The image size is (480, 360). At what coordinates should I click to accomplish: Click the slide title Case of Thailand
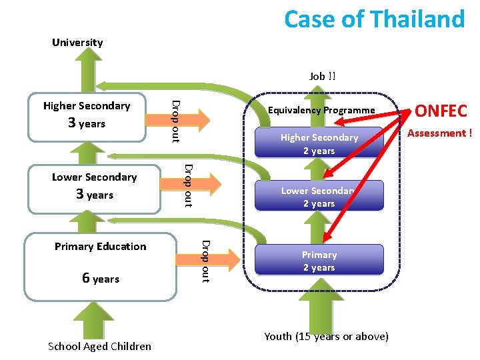[374, 19]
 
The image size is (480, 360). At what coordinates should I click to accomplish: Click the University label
[77, 43]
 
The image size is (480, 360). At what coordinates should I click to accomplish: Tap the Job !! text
[323, 77]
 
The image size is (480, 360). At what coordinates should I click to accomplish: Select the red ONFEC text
[441, 111]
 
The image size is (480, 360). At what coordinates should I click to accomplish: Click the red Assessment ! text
[439, 133]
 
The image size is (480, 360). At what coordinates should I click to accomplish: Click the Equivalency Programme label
[321, 110]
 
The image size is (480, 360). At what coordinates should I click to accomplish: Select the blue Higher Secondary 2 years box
[319, 143]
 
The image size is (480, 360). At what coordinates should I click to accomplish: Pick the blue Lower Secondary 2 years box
[319, 197]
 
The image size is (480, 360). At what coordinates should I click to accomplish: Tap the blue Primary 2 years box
[319, 261]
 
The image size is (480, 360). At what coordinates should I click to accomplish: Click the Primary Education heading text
[101, 247]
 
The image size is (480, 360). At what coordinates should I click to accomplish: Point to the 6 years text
[101, 279]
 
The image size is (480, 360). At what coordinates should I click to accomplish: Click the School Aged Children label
[99, 346]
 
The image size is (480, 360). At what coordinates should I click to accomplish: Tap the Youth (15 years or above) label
[326, 336]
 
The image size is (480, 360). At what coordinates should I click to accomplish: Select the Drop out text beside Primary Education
[205, 260]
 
